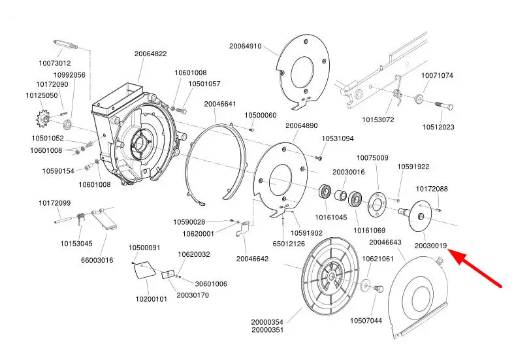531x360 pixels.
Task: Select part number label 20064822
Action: (x=151, y=54)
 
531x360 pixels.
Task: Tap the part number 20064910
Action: (x=245, y=46)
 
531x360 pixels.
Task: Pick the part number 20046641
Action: (x=220, y=104)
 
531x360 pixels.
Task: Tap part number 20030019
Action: (x=430, y=246)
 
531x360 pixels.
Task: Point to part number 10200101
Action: (x=152, y=299)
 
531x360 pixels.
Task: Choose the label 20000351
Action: (x=267, y=330)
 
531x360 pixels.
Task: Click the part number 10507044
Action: (x=366, y=320)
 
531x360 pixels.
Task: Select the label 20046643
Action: (x=385, y=242)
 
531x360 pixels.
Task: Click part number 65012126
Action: (x=289, y=244)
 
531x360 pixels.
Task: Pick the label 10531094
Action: (x=338, y=139)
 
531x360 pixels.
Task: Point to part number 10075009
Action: (x=372, y=158)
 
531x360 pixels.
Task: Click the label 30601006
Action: (x=211, y=284)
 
